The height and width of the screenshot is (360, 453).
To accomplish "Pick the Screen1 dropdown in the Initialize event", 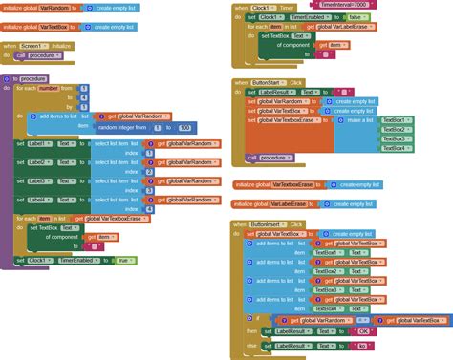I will coord(37,46).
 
